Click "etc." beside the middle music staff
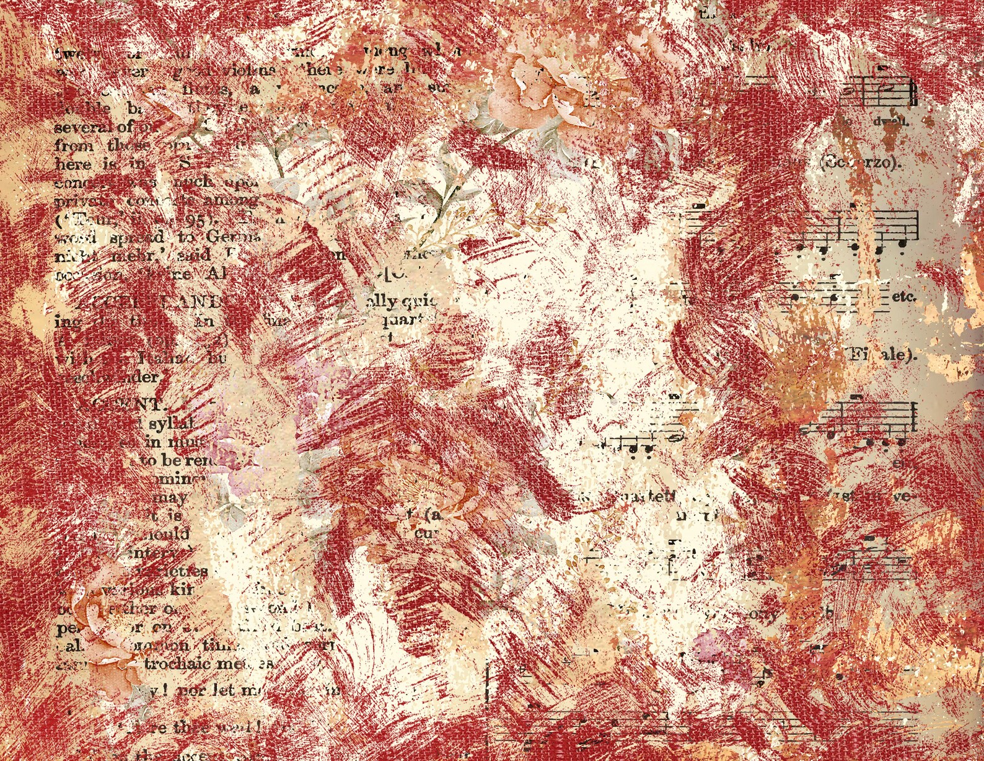[x=904, y=296]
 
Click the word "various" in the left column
[x=138, y=589]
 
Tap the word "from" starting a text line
[x=74, y=146]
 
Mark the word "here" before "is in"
[x=73, y=164]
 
